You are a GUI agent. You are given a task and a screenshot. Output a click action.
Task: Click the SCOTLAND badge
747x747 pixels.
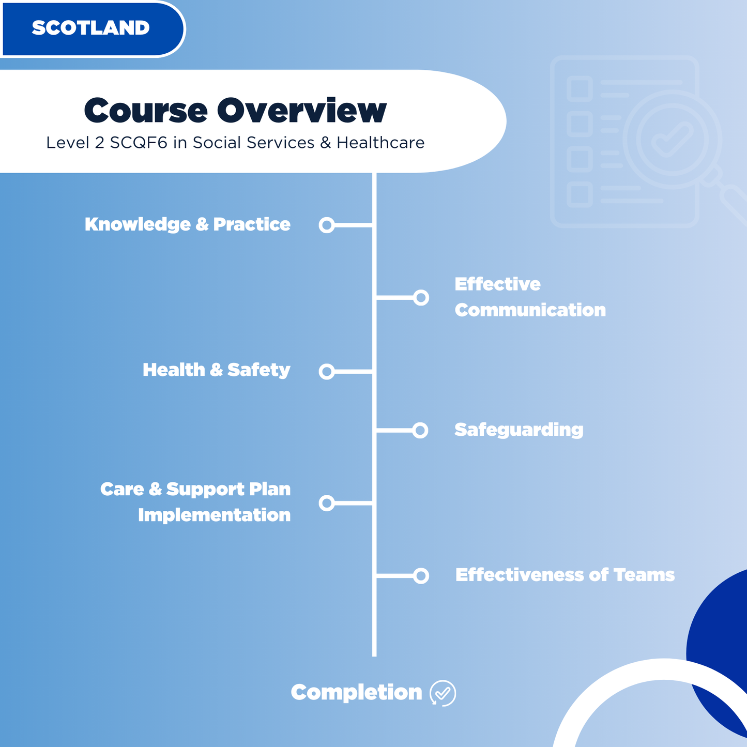click(x=91, y=28)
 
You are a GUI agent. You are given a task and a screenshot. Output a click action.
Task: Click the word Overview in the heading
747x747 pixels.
click(x=301, y=110)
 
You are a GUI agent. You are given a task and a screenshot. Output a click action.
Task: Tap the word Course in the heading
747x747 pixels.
click(x=146, y=110)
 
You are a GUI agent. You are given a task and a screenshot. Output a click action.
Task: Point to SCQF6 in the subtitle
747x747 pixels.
click(x=139, y=143)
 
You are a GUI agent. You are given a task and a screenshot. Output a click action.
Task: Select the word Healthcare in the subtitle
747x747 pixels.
click(x=380, y=143)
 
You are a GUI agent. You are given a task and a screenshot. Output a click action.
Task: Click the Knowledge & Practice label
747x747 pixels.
click(x=187, y=224)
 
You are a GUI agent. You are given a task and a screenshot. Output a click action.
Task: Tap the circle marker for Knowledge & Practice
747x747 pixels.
click(x=327, y=225)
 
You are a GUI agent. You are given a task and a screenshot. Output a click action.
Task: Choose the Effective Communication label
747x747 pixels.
click(x=530, y=297)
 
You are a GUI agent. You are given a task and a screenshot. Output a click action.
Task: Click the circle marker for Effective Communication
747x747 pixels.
click(x=421, y=297)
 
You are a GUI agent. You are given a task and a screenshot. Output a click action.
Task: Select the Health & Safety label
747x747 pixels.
click(x=216, y=370)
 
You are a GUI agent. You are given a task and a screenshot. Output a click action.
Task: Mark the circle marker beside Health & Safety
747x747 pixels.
click(x=327, y=371)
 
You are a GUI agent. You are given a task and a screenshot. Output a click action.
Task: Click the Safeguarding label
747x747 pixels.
click(x=519, y=430)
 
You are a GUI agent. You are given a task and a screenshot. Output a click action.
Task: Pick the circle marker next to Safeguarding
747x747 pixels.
click(x=420, y=430)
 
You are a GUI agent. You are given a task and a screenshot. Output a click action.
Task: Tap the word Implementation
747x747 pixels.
click(x=214, y=515)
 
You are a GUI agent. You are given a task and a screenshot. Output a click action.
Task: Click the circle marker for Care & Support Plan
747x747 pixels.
click(x=327, y=502)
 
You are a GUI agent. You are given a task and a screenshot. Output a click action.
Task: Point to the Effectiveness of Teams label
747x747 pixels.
click(x=565, y=575)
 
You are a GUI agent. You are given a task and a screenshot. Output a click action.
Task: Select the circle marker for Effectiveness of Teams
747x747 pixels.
click(x=421, y=575)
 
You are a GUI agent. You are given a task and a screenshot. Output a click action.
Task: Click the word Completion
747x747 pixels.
click(x=356, y=693)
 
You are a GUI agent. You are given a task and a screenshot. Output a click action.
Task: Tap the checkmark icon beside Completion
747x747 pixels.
click(x=443, y=693)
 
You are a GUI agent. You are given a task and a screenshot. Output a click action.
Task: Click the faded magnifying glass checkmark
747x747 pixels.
click(x=672, y=139)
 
